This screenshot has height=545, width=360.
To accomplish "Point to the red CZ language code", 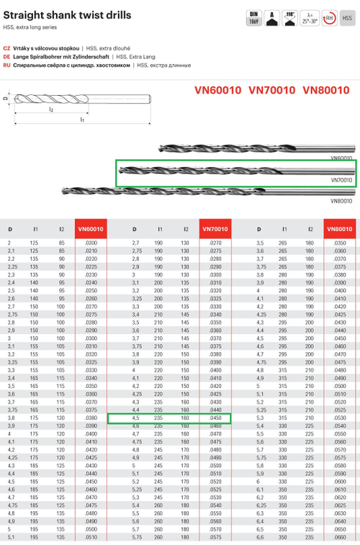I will pos(6,46).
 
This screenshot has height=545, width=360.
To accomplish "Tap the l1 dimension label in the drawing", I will pos(82,120).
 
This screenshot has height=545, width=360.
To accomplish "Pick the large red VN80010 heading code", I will pos(328,90).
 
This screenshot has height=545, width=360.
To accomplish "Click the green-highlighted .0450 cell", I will pos(215,418).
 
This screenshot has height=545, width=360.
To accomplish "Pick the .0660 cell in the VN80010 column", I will pos(340,537).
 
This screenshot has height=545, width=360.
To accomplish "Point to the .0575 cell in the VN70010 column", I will pos(215,537).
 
